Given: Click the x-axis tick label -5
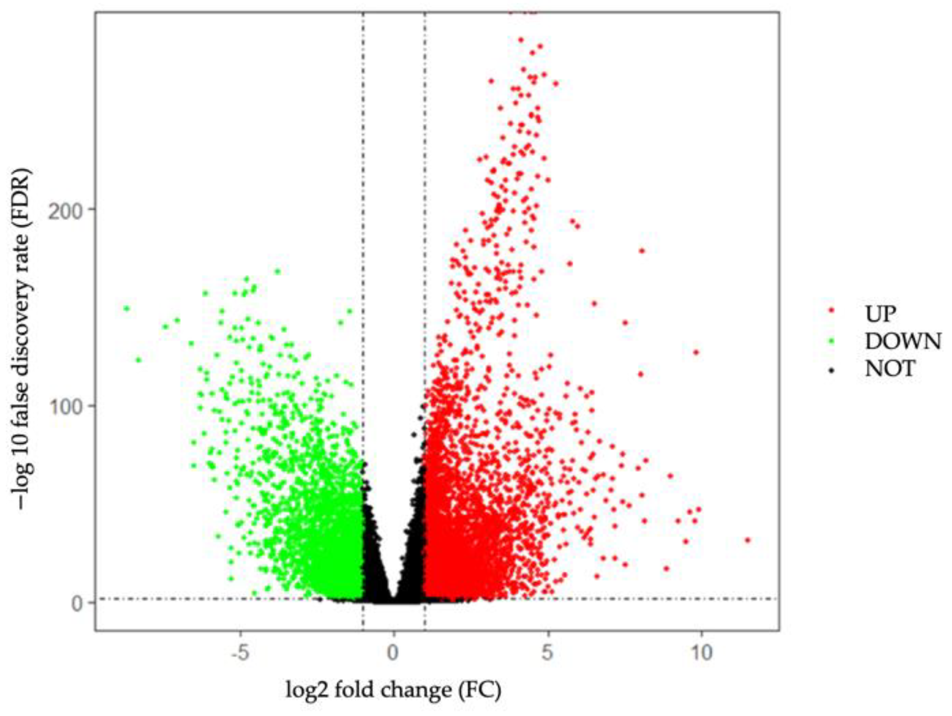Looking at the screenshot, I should coord(240,653).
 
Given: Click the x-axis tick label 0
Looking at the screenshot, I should coord(394,653).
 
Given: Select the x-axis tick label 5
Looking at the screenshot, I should coord(547,653).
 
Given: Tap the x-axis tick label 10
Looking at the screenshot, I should coord(701,653).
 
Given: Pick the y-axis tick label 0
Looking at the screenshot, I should coord(77,603).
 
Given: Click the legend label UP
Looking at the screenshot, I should coord(880,314).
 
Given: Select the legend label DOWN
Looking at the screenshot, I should coord(903,342).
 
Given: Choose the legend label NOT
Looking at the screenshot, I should coord(890,369).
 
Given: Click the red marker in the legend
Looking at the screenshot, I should coord(831,314).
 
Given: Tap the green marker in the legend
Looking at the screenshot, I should coord(831,342).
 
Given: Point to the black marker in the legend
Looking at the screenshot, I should coord(831,370).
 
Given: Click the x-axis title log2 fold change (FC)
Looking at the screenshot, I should coord(394,690).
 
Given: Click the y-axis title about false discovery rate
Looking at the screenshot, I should coord(22,339).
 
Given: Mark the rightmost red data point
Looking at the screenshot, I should coord(748,540).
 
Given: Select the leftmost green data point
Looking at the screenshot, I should coord(127,308).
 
